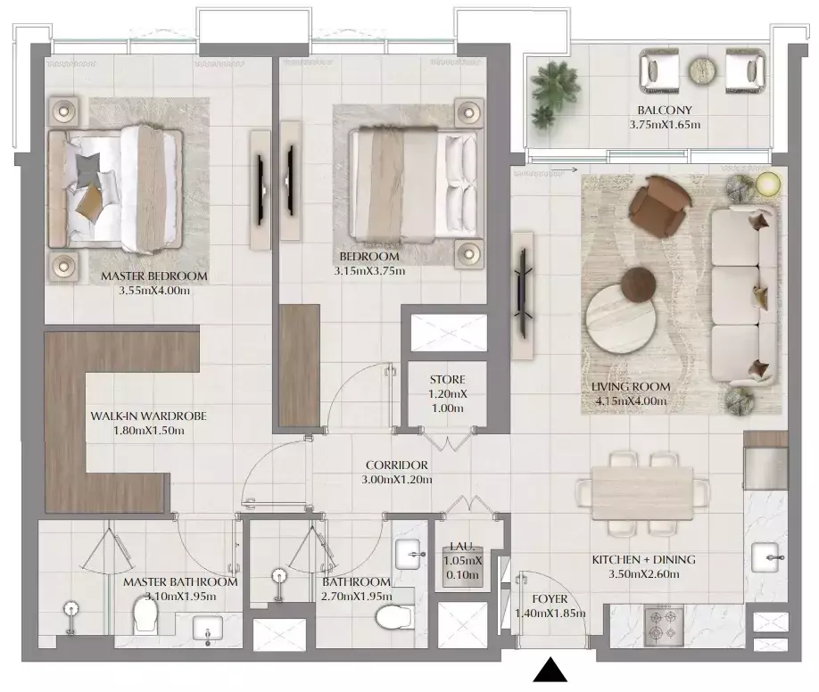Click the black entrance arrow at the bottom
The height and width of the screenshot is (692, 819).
click(550, 670)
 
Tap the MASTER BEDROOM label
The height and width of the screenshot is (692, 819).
click(154, 276)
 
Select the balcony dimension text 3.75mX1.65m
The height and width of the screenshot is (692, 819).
click(665, 125)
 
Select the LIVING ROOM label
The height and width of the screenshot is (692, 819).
click(630, 386)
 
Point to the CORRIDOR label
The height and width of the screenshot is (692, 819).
click(398, 465)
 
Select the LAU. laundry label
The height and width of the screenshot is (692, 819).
click(462, 545)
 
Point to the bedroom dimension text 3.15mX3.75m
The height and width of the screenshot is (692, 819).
click(370, 271)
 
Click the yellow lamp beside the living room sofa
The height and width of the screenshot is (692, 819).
click(767, 185)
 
